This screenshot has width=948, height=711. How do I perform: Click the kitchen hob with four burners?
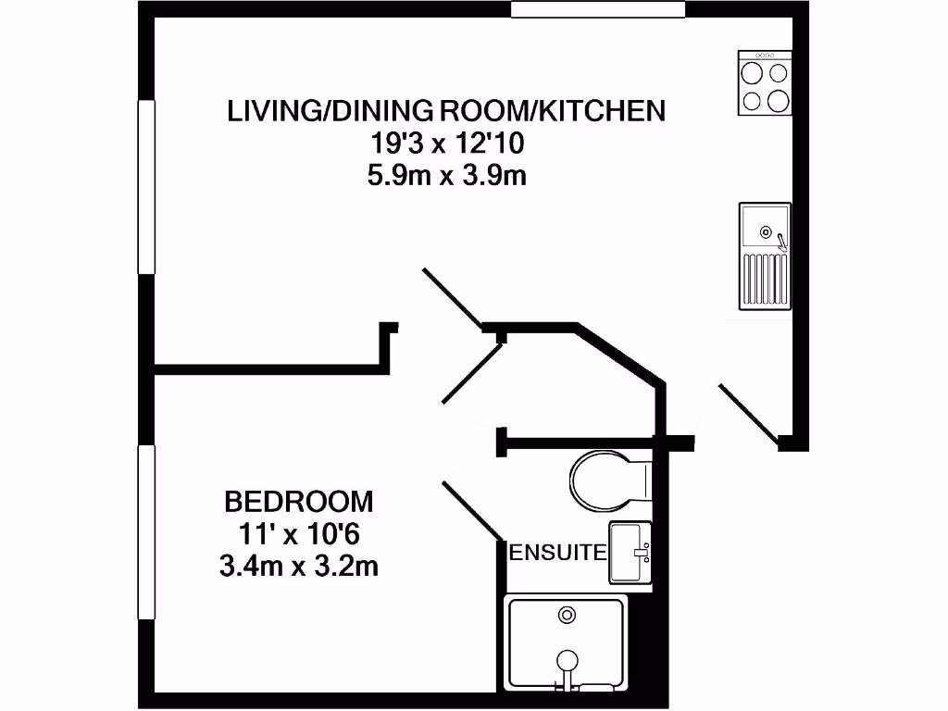(x=765, y=84)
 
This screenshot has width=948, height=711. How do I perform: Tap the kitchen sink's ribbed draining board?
(x=764, y=279)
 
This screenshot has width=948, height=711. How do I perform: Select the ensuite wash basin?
(x=631, y=553)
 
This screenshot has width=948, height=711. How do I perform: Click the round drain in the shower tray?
(x=567, y=614)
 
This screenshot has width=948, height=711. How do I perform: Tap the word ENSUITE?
(x=558, y=554)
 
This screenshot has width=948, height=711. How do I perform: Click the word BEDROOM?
(x=299, y=502)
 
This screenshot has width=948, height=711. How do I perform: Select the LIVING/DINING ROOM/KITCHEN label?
(x=446, y=110)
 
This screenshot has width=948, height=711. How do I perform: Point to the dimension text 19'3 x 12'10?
(x=446, y=143)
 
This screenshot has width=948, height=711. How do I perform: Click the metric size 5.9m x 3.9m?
(x=446, y=175)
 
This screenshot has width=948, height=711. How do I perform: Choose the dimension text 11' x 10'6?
(x=299, y=534)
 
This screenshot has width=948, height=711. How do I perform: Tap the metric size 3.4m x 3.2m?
(x=299, y=566)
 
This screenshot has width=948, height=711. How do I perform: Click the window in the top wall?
(x=598, y=9)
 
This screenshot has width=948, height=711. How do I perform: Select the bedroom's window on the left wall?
(x=145, y=531)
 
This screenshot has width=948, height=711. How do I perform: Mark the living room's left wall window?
(x=145, y=186)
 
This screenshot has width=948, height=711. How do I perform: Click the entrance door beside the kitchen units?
(x=748, y=412)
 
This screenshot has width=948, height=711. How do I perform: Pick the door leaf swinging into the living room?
(x=452, y=298)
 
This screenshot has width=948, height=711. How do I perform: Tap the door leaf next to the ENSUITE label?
(x=472, y=509)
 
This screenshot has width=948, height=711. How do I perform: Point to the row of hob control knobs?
(x=765, y=56)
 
